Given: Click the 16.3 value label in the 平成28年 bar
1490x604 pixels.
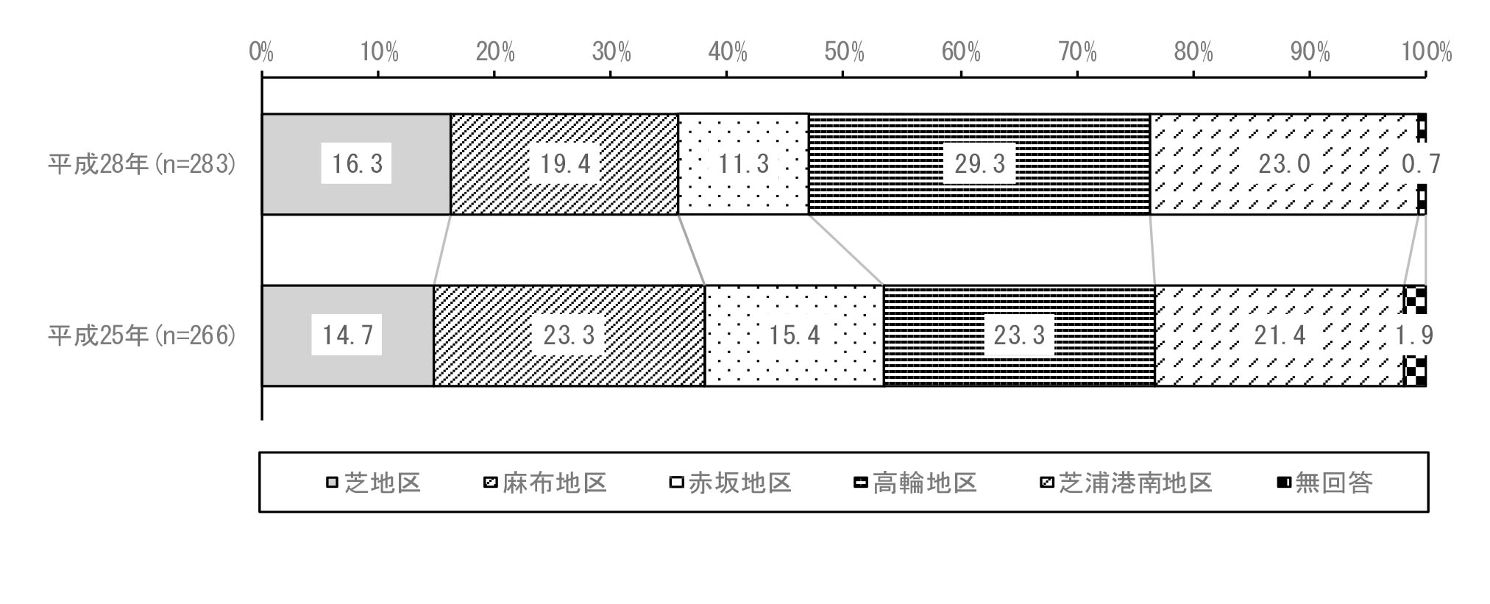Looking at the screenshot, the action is coord(357,163).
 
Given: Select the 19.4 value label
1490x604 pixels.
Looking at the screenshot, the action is coord(565,163).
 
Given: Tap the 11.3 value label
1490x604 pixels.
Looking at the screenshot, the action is coord(743,163).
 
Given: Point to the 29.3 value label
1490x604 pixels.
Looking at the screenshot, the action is coord(979,163).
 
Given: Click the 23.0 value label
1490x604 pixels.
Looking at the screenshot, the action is coord(1284,163).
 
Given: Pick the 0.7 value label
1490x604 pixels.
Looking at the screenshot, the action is coord(1421,163).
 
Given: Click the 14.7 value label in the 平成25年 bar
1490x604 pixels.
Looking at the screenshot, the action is coord(347,335).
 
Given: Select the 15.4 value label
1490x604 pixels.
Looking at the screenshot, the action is coord(794,335).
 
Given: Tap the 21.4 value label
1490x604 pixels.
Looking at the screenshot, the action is coord(1280,335).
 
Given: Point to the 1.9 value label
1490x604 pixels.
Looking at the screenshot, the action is coord(1414,335).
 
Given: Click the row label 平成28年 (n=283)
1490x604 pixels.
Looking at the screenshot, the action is coord(143,163).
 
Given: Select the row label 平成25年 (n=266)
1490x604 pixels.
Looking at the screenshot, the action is coord(143,335).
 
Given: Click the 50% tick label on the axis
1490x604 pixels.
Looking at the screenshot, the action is coord(844,51).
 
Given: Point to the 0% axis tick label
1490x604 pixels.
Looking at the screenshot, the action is coord(261,51).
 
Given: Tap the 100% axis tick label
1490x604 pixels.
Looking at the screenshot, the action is coord(1426,51).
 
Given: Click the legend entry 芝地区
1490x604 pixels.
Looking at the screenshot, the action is coord(374,483).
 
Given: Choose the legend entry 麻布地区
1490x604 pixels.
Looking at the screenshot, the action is coord(545,483).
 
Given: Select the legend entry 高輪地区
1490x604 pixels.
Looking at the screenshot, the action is coord(915,483).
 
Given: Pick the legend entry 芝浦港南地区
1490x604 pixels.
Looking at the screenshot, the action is coord(1127,483).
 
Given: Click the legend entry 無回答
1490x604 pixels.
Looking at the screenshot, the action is coord(1325,483).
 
